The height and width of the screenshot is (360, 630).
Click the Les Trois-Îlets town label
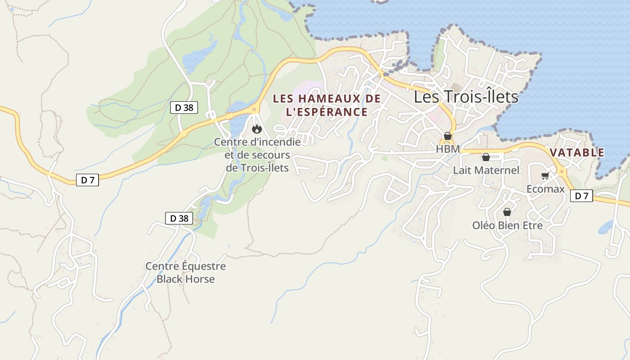coord(466,97)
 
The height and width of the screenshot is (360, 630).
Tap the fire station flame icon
coord(256,129)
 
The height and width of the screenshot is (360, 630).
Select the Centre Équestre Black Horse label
coord(185,273)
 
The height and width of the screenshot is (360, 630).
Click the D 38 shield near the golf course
coord(184,108)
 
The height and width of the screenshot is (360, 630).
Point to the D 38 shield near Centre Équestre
coord(179,218)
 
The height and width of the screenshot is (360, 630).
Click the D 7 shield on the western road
coord(87,180)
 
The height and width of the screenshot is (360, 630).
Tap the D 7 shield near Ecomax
coord(581,196)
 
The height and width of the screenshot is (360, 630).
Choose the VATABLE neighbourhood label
coord(577,153)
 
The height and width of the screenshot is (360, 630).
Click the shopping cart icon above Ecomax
coord(545,176)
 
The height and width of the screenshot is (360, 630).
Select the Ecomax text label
coord(545,189)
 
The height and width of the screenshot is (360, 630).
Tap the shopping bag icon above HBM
coord(447,136)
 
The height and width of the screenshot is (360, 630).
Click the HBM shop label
coord(448,149)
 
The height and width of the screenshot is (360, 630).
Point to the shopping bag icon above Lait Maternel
coord(486,157)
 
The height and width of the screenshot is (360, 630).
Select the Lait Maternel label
coord(486,170)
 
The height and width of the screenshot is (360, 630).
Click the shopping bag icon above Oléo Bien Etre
coord(507,212)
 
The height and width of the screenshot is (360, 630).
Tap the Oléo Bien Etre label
coord(507,225)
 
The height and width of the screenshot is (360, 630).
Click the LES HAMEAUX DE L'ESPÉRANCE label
coord(327,105)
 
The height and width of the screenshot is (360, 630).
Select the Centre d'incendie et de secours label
coord(257,155)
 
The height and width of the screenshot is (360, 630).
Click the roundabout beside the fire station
coord(255,109)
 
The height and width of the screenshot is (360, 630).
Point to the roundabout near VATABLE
coord(561,171)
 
